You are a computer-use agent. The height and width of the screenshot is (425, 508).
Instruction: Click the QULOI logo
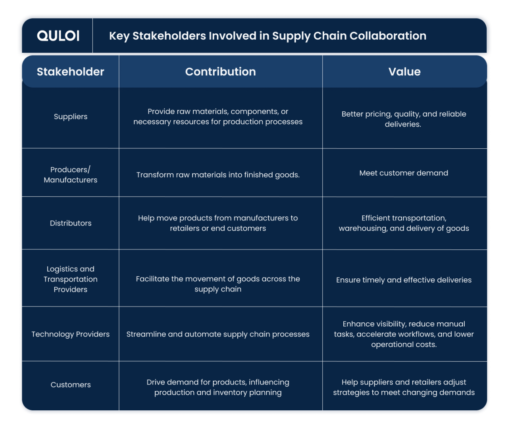pos(58,35)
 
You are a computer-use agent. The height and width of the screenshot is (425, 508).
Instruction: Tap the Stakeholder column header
pos(70,72)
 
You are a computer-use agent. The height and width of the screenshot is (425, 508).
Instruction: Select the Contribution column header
pos(220,72)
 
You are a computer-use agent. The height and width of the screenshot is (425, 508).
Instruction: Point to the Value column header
pos(404,72)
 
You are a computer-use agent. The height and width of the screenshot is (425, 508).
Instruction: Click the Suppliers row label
pos(71,117)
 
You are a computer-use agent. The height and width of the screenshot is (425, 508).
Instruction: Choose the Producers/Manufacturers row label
pos(70,174)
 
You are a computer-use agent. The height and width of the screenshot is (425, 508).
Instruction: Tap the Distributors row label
pos(71,223)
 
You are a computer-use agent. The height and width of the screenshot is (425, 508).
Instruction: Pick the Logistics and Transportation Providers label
pos(70,279)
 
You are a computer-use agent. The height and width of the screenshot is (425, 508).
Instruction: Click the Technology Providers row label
pos(70,334)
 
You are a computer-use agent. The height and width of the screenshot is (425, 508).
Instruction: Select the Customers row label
pos(71,385)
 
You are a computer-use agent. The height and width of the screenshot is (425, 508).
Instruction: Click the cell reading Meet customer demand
pos(404,173)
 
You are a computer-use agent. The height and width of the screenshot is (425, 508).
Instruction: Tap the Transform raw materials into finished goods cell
pos(218,175)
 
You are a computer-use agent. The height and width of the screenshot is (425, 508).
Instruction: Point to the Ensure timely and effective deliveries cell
pos(404,280)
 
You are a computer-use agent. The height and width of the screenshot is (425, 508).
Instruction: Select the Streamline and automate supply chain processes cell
pos(218,334)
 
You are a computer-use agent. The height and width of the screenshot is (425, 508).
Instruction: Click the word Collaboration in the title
pos(388,36)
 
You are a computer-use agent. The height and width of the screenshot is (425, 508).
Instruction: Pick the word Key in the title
pos(119,36)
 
